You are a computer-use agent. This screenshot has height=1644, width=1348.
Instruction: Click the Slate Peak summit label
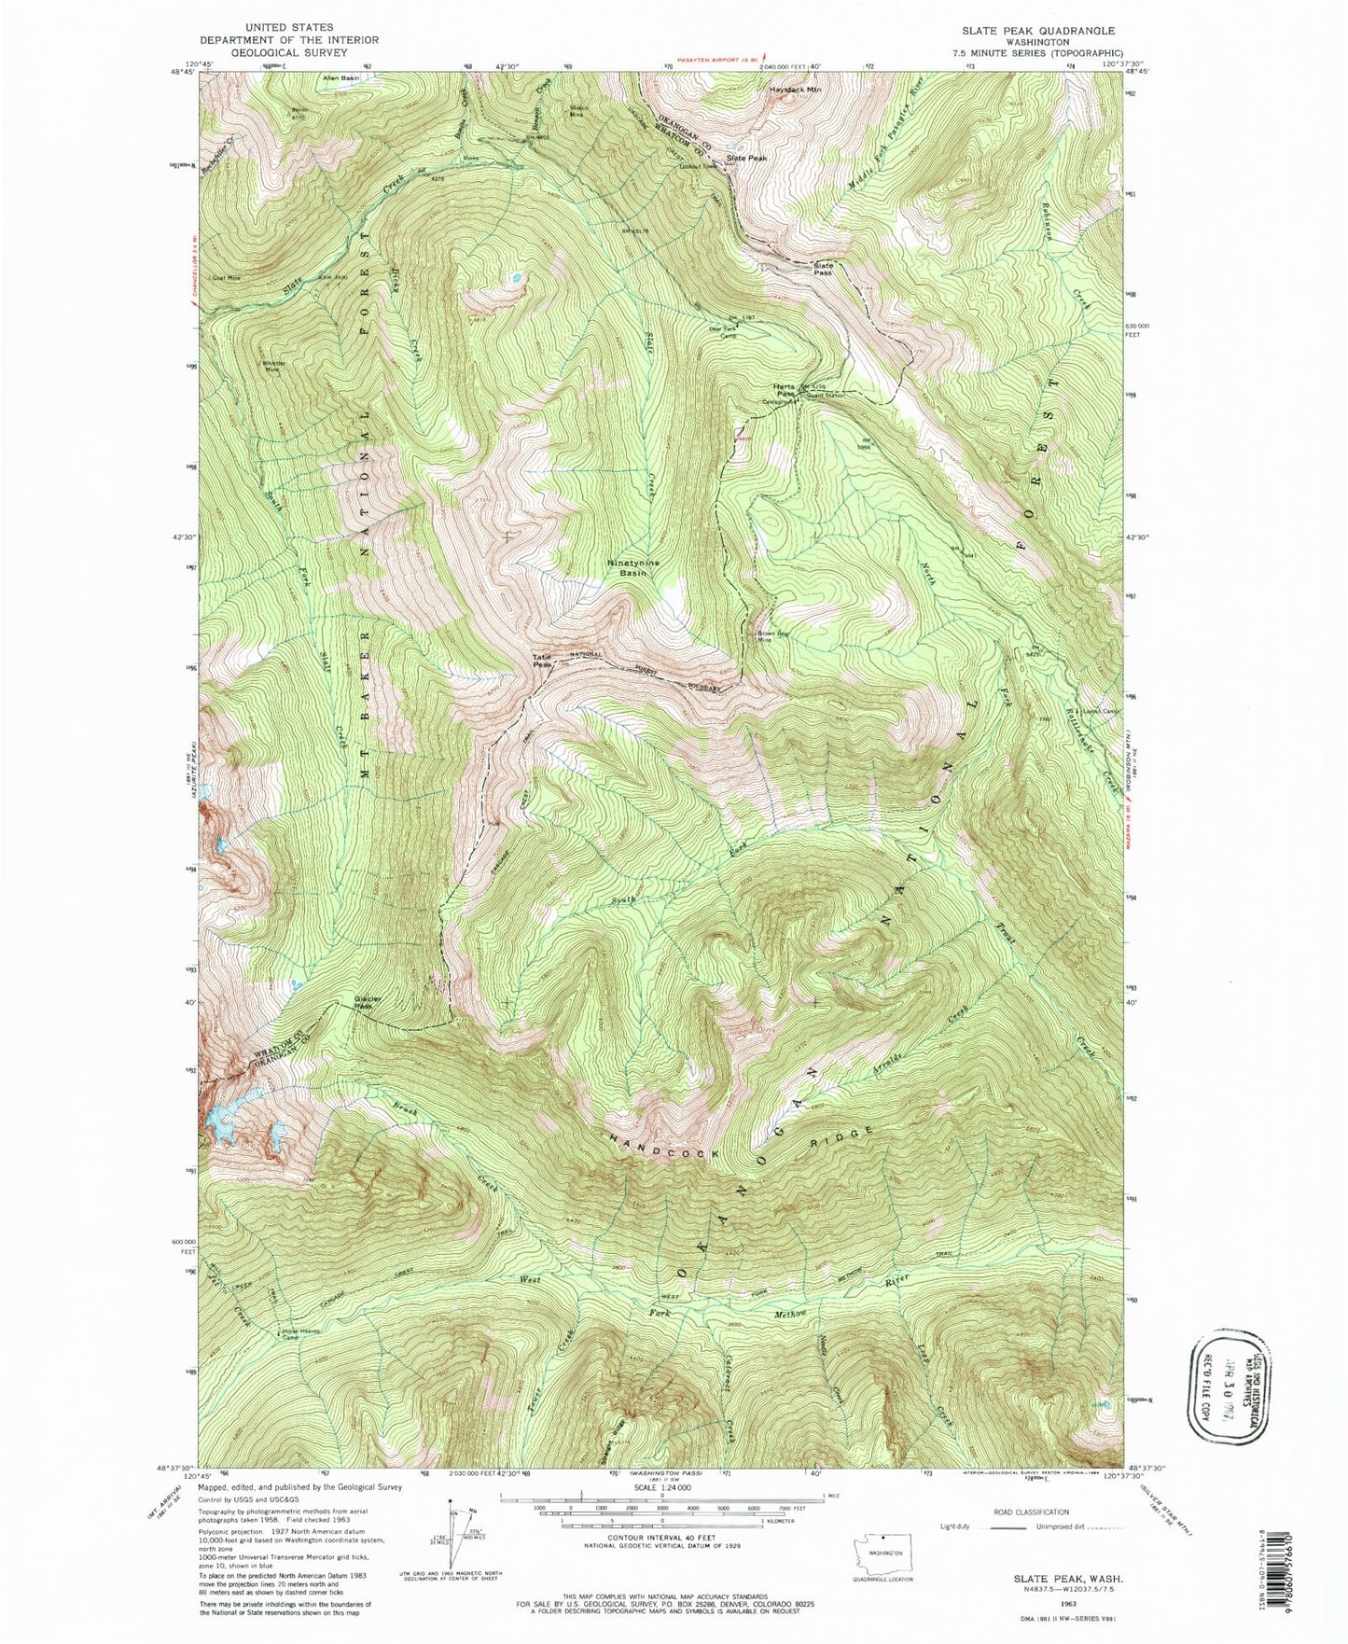click(746, 159)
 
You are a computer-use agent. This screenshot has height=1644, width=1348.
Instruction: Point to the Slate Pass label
click(822, 269)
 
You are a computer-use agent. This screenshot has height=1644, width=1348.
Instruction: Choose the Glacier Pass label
click(367, 1004)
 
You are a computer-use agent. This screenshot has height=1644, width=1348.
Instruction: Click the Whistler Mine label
click(271, 366)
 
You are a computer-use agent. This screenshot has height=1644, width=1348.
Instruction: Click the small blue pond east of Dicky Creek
click(515, 277)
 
